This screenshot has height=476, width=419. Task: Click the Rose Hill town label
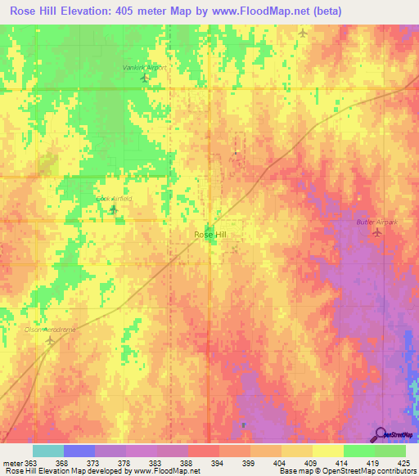click(x=209, y=235)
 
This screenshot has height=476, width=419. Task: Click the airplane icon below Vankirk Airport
click(x=145, y=79)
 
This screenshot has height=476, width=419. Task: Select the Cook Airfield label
click(x=114, y=199)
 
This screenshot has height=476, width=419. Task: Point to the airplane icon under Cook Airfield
click(x=114, y=210)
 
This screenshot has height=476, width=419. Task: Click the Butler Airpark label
click(x=376, y=222)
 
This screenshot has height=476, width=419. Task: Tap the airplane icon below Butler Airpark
click(x=376, y=233)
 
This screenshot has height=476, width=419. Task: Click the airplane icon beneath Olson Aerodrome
click(x=51, y=340)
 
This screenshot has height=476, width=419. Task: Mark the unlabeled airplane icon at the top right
click(x=304, y=34)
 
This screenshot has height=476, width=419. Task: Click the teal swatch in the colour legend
click(x=48, y=451)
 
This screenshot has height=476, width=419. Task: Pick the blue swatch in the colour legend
click(x=79, y=451)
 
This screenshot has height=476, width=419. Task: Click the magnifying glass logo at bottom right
click(x=381, y=434)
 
